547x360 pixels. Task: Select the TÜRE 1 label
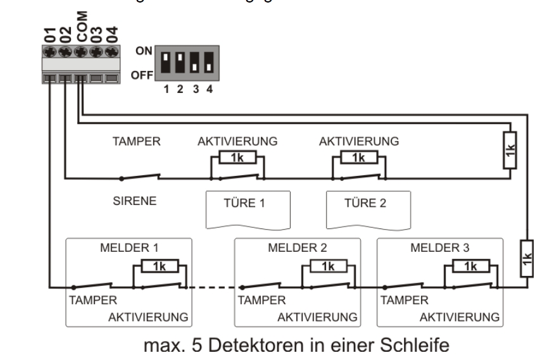click(238, 205)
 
